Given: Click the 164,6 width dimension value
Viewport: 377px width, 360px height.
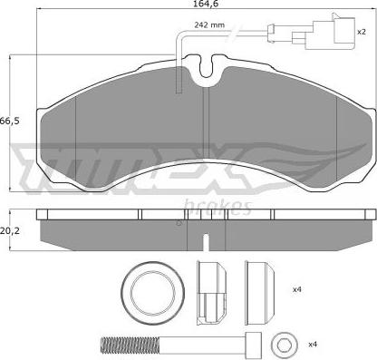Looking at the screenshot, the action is point(207,4).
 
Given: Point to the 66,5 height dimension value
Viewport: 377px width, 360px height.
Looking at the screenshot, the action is point(9,122).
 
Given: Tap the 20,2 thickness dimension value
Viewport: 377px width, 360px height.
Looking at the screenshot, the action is point(9,231).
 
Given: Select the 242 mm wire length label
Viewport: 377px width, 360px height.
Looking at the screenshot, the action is point(209,24).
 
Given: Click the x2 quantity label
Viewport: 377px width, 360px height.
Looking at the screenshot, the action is point(362,32).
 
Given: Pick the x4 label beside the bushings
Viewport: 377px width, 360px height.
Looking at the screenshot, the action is point(297,289).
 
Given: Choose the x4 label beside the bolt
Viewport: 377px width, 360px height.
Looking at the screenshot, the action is point(313,344).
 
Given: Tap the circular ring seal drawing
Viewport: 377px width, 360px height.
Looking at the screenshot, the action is point(153,292).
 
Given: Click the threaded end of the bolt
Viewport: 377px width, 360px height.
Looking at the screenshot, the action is point(130,345).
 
